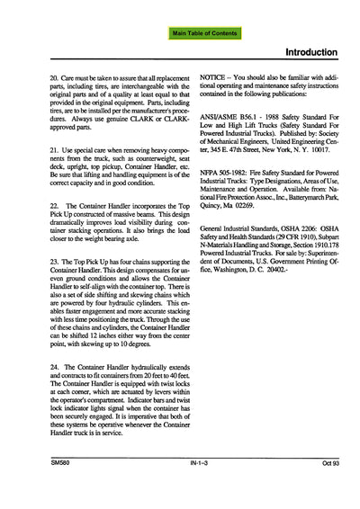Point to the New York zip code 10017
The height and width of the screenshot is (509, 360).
(x=310, y=167)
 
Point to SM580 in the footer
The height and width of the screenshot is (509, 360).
(x=61, y=489)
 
